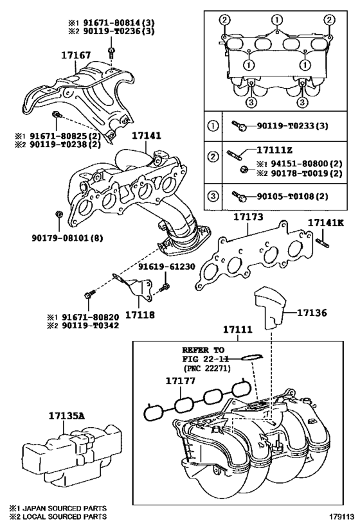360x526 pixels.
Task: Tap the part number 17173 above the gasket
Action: click(248, 218)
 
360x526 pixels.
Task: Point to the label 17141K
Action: click(325, 223)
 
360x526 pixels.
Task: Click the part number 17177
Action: click(181, 381)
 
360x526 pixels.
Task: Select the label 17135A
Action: click(66, 416)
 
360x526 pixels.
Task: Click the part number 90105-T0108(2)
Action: click(291, 195)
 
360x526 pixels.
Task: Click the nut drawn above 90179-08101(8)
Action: click(58, 213)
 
